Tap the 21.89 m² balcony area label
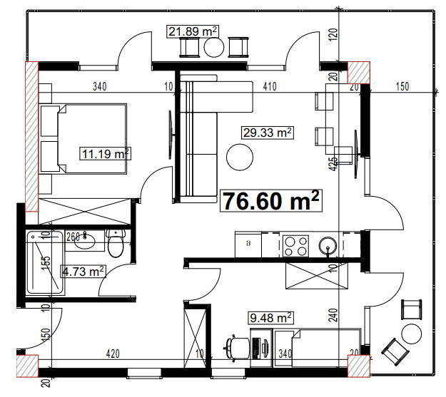point(193,31)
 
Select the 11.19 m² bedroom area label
point(105,153)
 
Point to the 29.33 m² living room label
point(268,133)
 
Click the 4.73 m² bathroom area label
point(83,271)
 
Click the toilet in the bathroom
point(116,244)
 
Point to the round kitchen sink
point(328,247)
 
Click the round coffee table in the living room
point(240,156)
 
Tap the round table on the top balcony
point(216,47)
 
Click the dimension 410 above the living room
point(268,88)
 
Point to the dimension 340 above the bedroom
point(100,88)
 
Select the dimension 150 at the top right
point(402,88)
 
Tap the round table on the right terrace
point(412,332)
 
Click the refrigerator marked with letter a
point(248,244)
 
